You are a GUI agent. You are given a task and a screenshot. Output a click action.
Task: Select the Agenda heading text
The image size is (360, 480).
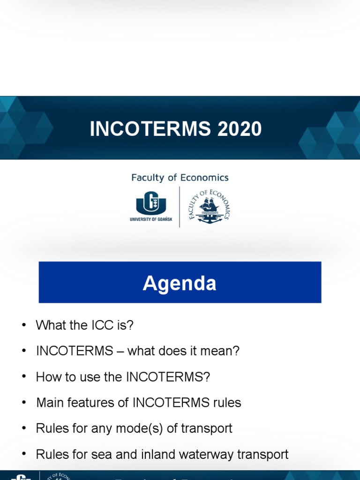[180, 283]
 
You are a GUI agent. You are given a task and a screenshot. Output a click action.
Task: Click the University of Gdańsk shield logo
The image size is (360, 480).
[151, 203]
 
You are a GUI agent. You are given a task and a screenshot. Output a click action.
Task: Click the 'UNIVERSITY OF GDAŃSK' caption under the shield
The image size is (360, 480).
[151, 219]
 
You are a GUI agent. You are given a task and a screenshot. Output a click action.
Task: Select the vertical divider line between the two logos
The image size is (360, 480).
[180, 207]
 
